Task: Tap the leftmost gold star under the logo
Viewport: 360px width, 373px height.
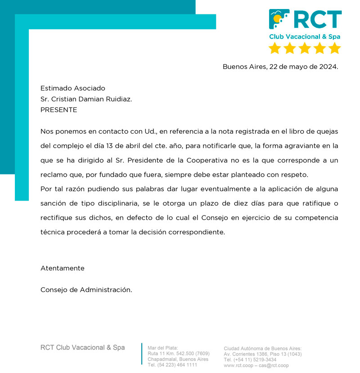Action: coord(274,48)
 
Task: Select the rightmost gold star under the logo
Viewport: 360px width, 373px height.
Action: coord(334,48)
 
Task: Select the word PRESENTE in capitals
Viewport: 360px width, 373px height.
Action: coord(58,110)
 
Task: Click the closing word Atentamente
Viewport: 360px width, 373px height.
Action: coord(63,268)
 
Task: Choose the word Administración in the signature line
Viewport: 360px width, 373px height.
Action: coord(106,290)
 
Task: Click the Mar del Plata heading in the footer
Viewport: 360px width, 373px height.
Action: coord(163,348)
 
